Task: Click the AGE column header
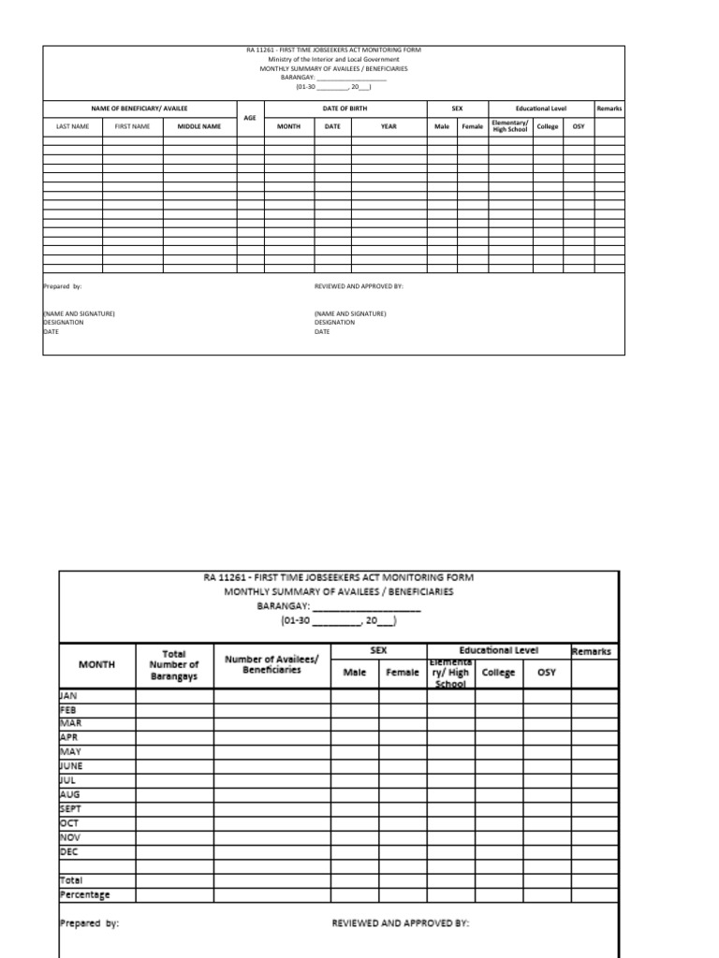click(x=250, y=117)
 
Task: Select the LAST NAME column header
click(x=72, y=125)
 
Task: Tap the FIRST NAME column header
click(x=132, y=125)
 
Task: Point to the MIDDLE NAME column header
click(x=199, y=125)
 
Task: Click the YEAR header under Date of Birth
click(x=389, y=125)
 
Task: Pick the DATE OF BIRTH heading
click(x=345, y=109)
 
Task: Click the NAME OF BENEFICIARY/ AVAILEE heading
click(x=139, y=109)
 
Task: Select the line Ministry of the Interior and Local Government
click(x=333, y=59)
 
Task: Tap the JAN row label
click(x=68, y=696)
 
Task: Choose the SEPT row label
click(x=71, y=807)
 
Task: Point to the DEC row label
click(x=69, y=851)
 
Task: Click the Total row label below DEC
click(x=71, y=880)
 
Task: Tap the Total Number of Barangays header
click(x=174, y=664)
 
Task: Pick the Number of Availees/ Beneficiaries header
click(x=271, y=664)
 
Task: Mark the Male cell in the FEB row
click(x=355, y=709)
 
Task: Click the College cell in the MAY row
click(x=499, y=751)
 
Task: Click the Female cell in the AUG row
click(x=403, y=794)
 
